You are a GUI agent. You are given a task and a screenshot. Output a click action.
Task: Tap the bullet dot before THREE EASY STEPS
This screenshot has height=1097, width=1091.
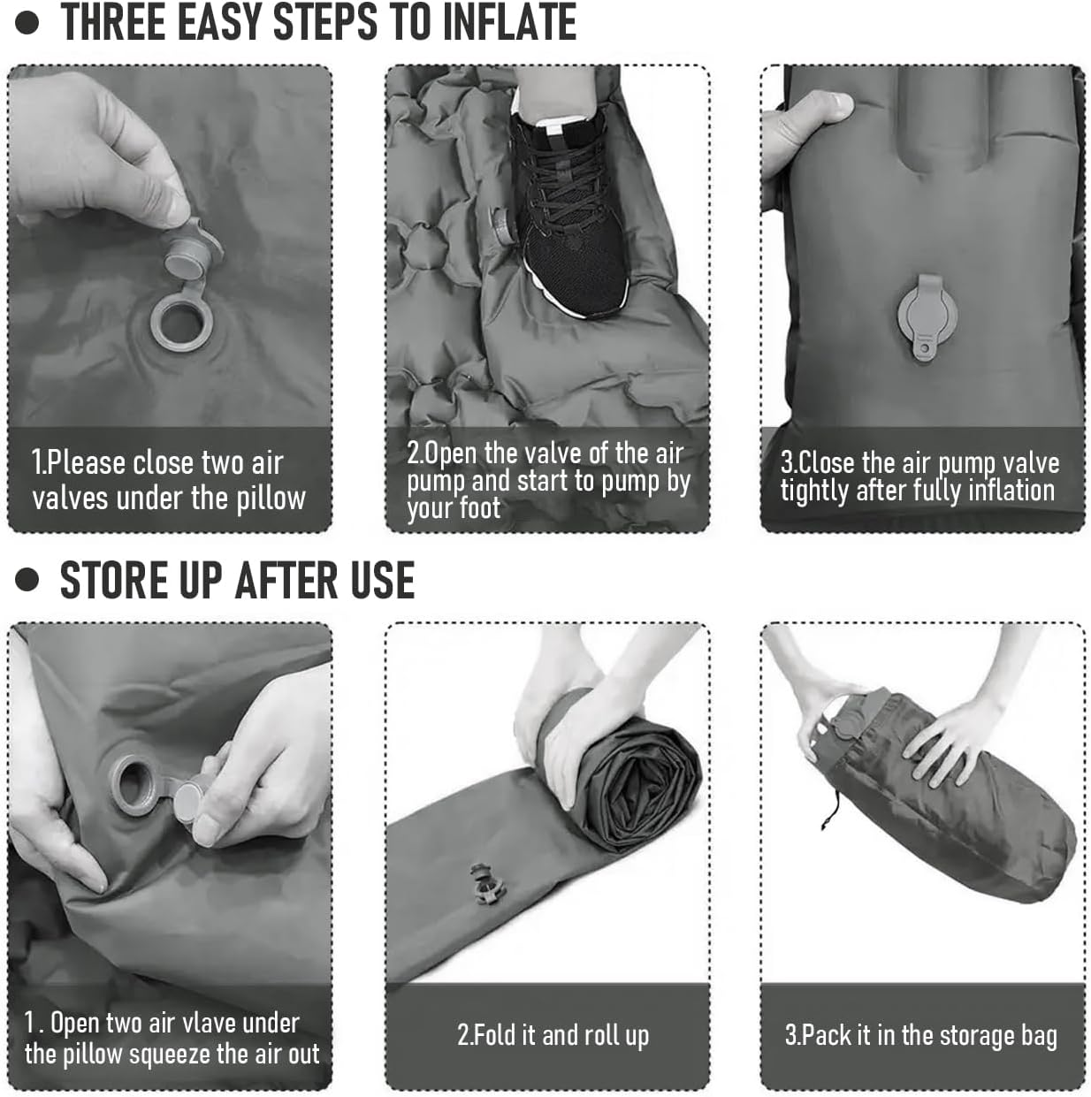point(27,23)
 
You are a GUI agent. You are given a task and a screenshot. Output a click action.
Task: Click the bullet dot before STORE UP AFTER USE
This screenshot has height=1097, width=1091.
point(27,580)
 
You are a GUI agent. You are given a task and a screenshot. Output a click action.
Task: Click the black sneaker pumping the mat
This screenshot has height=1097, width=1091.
point(569,210)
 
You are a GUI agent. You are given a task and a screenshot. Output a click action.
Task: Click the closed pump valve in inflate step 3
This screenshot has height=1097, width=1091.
point(927,316)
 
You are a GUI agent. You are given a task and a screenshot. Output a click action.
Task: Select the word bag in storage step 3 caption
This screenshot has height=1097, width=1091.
point(1039,1036)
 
